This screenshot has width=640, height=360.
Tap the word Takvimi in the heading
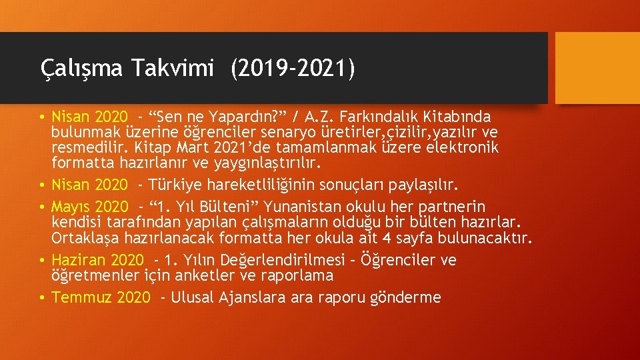tap(173, 68)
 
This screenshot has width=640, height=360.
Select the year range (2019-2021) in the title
tap(293, 68)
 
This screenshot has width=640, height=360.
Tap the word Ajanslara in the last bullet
tap(251, 297)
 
